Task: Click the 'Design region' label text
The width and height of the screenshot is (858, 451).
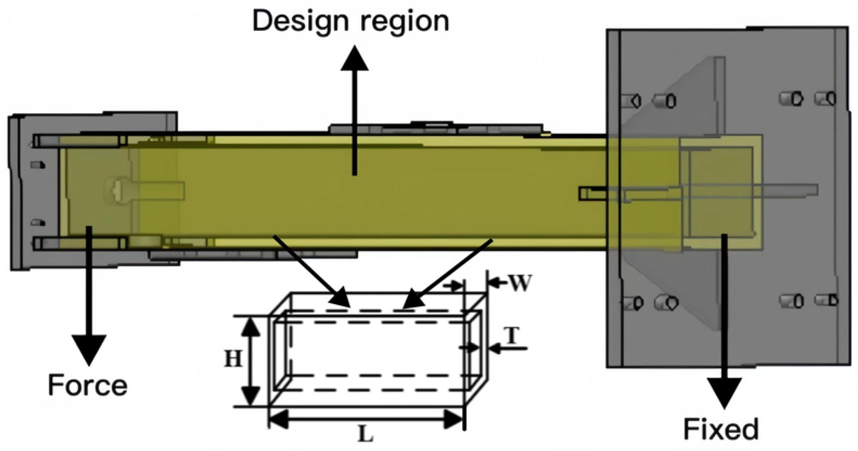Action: (350, 22)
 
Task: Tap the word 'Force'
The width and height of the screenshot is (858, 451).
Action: (87, 385)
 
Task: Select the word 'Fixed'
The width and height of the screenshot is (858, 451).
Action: (720, 429)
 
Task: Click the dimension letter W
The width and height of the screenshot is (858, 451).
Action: (520, 283)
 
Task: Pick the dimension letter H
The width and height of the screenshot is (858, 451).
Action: (233, 359)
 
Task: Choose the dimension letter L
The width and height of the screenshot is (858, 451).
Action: (366, 434)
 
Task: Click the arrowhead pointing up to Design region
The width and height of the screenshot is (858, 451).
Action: (355, 58)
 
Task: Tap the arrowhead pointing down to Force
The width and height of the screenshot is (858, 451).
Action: (89, 350)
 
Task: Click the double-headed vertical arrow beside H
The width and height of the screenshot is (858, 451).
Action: (250, 361)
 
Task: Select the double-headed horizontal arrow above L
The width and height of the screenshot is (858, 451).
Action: (367, 418)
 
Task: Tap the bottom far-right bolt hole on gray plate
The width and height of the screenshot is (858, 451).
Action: (828, 300)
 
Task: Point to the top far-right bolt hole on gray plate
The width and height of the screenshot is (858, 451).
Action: (827, 98)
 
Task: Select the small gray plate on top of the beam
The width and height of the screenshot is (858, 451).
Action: (434, 128)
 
